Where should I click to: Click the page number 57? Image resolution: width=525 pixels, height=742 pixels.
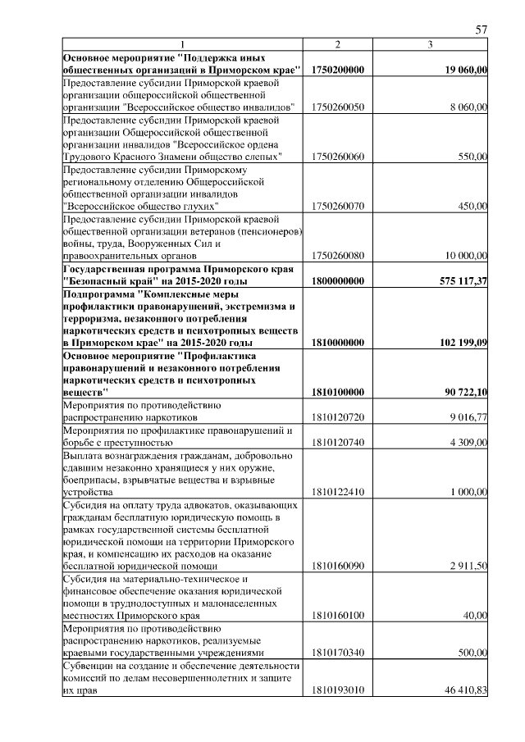[x=482, y=30]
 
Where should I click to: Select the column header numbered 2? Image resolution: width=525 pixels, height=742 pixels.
[x=337, y=43]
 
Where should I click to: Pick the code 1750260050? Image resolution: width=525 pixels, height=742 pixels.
[x=338, y=107]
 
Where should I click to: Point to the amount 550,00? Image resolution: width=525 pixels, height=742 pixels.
[x=473, y=156]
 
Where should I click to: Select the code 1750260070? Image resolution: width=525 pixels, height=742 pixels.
[x=338, y=206]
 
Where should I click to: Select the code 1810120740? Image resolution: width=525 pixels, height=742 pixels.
[x=338, y=442]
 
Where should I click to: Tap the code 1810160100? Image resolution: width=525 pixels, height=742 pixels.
[x=338, y=614]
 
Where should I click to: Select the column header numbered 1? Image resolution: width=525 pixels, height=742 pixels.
[x=183, y=43]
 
